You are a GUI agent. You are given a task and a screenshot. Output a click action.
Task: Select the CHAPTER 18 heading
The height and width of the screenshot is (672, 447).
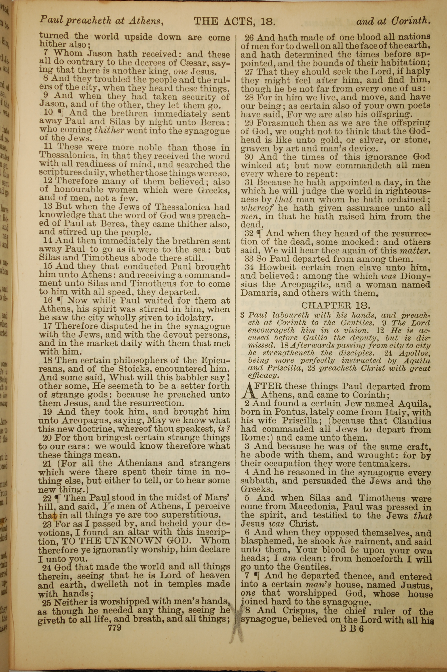click(x=336, y=305)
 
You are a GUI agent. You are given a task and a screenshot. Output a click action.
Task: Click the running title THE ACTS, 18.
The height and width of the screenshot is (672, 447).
click(x=234, y=21)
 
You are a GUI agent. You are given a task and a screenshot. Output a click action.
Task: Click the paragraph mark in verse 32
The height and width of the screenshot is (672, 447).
click(x=259, y=234)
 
